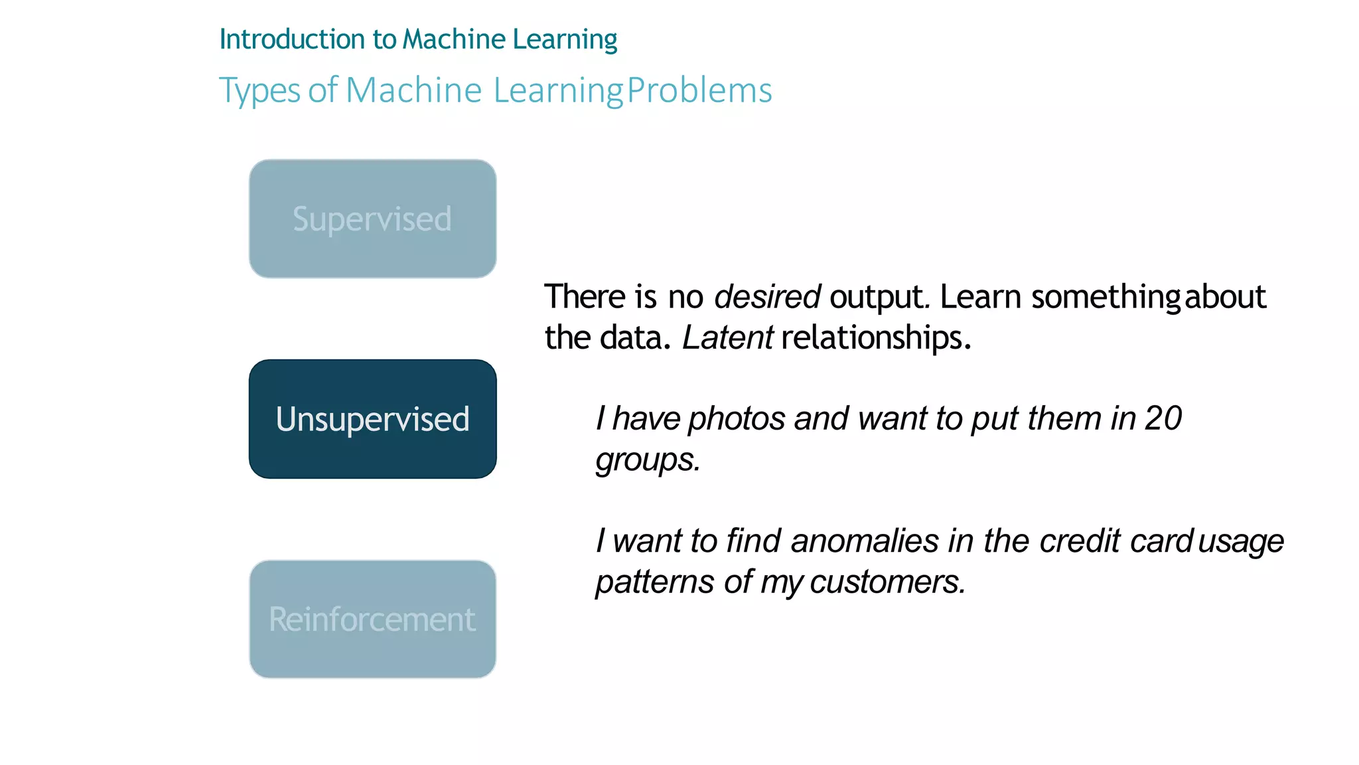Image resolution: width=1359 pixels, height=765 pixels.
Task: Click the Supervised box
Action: (372, 218)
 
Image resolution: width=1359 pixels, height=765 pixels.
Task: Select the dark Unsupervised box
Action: (372, 419)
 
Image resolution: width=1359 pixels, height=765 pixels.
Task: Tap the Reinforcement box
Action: (372, 619)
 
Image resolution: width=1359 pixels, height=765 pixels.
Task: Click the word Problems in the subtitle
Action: (699, 90)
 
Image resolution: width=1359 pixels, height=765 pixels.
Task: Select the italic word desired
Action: (767, 296)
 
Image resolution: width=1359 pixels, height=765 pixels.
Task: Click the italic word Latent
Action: (727, 337)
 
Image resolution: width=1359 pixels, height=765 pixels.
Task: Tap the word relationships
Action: (875, 337)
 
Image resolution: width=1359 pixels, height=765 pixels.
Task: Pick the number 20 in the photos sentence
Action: (1163, 418)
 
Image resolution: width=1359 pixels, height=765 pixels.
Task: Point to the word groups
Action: (647, 460)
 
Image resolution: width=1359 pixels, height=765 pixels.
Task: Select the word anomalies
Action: (865, 541)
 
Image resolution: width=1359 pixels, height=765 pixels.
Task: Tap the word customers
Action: (887, 582)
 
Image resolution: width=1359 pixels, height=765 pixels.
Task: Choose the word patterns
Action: (655, 582)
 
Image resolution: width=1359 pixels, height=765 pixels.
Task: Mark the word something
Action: (1106, 297)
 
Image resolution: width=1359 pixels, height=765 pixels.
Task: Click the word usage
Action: (1241, 542)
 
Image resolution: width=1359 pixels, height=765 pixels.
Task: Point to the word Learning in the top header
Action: (565, 40)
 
